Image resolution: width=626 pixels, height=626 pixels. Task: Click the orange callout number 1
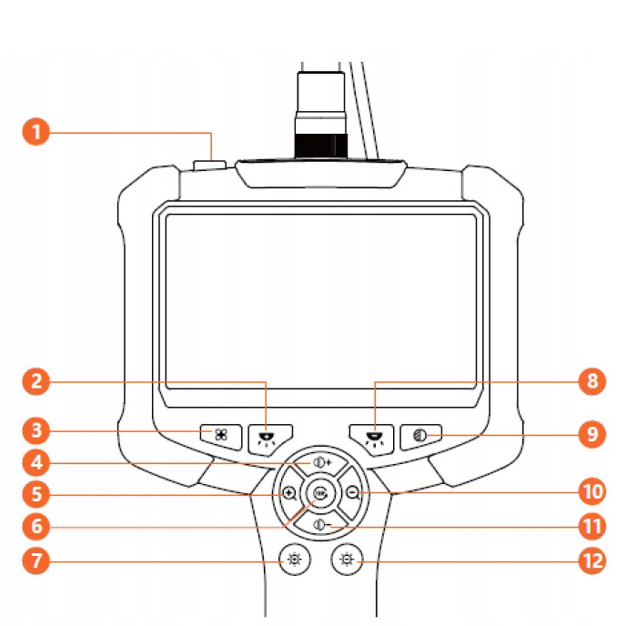click(x=35, y=133)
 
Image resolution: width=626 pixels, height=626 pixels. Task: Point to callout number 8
click(x=592, y=381)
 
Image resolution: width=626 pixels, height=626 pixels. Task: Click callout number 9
click(x=592, y=433)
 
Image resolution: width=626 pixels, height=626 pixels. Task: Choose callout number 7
click(x=35, y=560)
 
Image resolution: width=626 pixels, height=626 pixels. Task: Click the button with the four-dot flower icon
click(x=221, y=436)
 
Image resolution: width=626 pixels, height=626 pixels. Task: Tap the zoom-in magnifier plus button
click(x=288, y=493)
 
